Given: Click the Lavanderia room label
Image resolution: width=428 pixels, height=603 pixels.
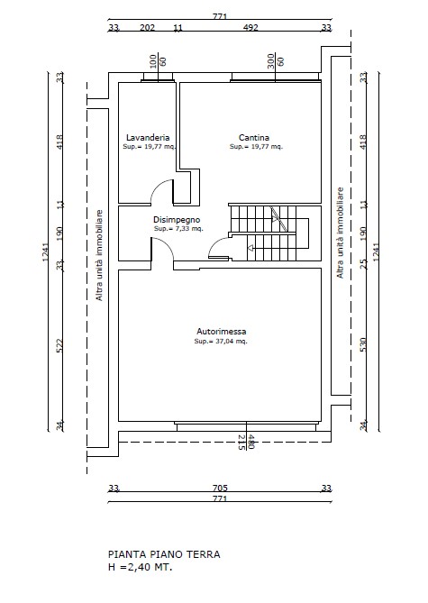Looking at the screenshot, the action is point(148,137).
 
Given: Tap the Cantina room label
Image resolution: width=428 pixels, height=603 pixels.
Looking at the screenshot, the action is point(254,137).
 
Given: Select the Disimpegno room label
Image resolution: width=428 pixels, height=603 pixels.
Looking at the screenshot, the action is point(177,220).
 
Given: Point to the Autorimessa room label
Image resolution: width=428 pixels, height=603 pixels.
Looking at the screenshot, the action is point(222,331).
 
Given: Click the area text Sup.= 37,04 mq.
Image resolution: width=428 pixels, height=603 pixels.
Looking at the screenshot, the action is point(221,341).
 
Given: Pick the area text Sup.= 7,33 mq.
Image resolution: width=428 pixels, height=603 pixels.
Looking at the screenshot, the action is point(178,229).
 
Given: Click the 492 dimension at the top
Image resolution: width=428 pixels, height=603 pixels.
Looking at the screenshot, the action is point(250,27).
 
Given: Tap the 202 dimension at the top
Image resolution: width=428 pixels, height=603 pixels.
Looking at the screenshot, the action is point(147,27).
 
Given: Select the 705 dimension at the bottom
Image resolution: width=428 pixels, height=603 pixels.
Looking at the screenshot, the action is point(220,488).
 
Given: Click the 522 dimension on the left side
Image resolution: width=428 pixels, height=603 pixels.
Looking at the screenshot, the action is point(59,345).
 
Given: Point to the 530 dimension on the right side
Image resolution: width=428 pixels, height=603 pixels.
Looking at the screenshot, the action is point(363,344).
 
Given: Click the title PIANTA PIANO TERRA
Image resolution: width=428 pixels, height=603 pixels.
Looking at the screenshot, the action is point(164,554).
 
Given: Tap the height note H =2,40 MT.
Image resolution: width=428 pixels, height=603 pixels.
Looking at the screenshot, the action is point(141,567).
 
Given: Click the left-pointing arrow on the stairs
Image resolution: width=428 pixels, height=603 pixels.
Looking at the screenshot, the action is point(250,248).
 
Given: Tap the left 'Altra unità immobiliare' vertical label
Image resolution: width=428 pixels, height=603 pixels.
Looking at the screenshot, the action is point(100,255).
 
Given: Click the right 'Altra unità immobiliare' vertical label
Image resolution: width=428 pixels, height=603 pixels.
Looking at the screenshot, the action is point(341,233).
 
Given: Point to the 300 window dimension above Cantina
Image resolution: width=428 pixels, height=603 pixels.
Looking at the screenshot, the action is point(270,61).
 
